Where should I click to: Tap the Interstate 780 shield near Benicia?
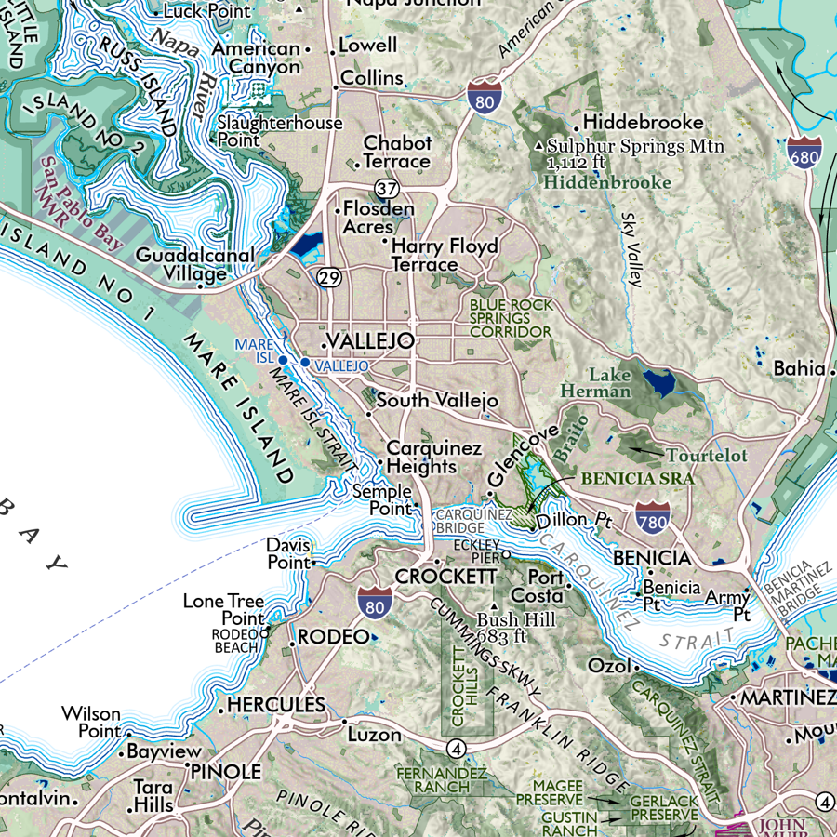(654, 519)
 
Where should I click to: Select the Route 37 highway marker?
(388, 190)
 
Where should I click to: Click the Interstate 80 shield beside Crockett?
(374, 604)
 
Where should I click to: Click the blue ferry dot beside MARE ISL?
(284, 359)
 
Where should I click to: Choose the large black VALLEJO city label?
(370, 341)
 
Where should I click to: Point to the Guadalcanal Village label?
(182, 264)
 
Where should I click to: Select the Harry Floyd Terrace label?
(445, 256)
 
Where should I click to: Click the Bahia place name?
(798, 369)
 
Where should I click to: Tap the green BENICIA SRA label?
(637, 478)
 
